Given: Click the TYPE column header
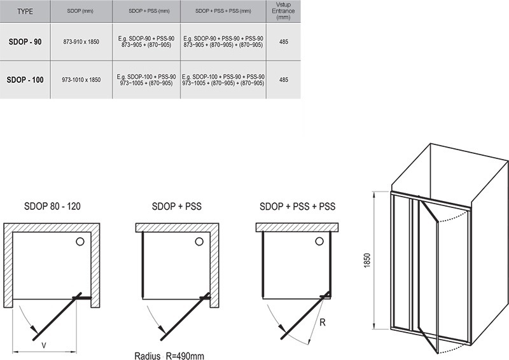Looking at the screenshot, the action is [25, 11].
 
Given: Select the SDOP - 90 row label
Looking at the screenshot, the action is [25, 42].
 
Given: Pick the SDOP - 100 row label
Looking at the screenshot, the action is [25, 80].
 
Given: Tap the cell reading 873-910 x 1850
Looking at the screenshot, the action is [81, 42].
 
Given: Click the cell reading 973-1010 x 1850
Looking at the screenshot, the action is [81, 80].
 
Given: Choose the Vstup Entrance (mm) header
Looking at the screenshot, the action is [283, 11].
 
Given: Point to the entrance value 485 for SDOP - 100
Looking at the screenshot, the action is [283, 80].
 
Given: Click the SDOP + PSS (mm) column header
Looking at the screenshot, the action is [149, 11].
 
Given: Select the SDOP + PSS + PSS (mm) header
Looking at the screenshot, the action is [223, 11].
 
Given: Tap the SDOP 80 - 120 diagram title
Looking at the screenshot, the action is [52, 206].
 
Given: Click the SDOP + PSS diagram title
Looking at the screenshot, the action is [177, 206].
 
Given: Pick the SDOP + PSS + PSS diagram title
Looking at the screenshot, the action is [297, 206].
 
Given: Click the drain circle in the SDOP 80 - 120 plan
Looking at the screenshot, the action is [80, 242].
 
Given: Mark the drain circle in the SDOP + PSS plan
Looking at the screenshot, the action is [199, 242].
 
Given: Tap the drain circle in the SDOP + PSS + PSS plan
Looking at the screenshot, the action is [319, 241].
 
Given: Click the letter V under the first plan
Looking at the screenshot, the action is [43, 346].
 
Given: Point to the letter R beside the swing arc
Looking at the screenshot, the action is [323, 322].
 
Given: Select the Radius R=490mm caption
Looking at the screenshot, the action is [169, 356].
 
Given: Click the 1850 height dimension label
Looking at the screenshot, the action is [367, 260].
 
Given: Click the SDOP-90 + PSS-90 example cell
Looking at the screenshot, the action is [146, 42].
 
